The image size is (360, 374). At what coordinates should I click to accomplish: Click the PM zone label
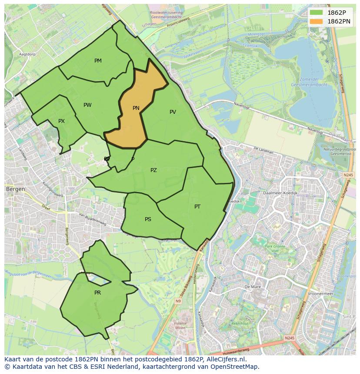click(98, 61)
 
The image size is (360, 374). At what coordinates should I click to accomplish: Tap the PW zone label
click(87, 105)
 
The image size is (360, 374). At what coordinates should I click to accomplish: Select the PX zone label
click(61, 121)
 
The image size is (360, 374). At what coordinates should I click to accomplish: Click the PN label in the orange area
click(136, 108)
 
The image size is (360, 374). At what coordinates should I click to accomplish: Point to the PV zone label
click(173, 112)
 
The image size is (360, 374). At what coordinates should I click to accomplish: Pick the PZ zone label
click(153, 170)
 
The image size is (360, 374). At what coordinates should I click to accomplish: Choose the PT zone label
click(197, 207)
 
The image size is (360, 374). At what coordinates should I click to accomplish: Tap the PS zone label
click(148, 219)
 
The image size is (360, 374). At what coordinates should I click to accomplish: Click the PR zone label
click(97, 293)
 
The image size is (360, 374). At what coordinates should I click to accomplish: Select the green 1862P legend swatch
click(317, 13)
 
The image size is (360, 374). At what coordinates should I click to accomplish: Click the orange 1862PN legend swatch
click(317, 21)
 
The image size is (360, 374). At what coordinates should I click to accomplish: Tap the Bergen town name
click(15, 190)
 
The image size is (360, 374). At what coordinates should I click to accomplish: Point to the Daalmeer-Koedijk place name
click(280, 192)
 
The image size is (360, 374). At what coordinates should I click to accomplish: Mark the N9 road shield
click(178, 301)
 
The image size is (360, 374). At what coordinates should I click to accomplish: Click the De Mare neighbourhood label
click(252, 287)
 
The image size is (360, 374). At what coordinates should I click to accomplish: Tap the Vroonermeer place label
click(320, 294)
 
